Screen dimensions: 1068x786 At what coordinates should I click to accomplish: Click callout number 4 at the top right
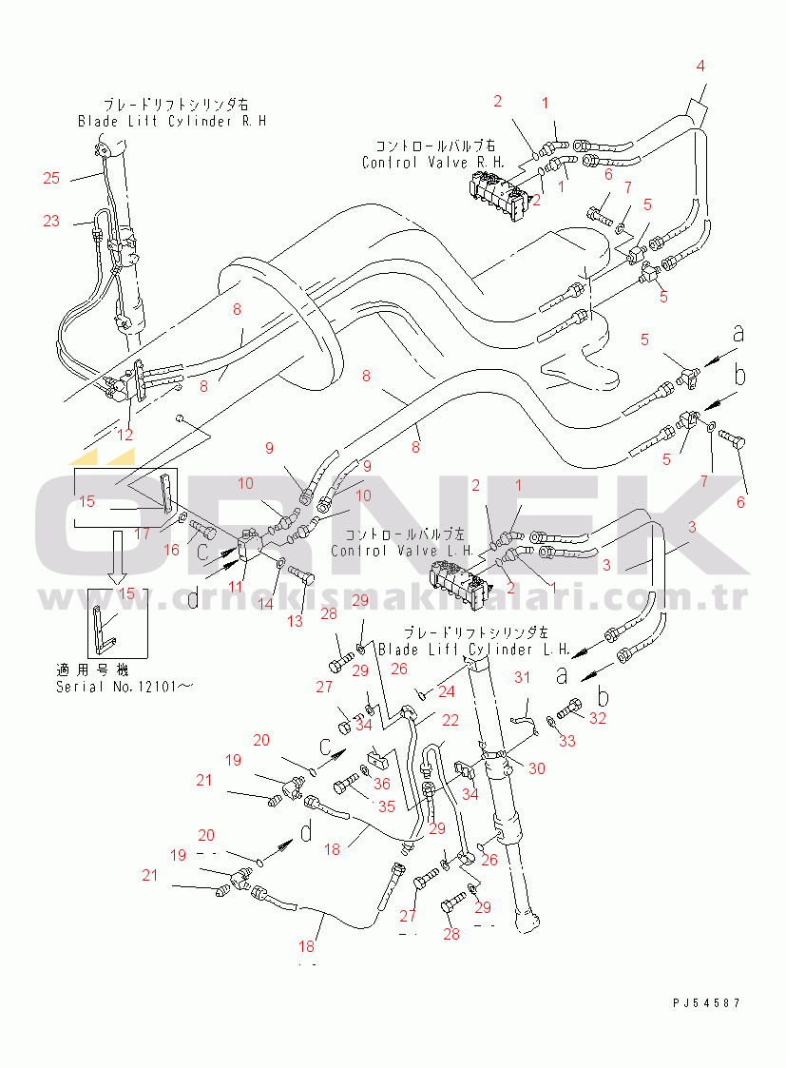pos(700,66)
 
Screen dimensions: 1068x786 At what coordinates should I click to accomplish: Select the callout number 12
pos(125,435)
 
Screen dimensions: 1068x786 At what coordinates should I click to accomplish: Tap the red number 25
pos(51,178)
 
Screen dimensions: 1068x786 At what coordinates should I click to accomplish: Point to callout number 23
pos(51,221)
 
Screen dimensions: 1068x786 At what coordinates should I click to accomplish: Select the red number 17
pos(142,534)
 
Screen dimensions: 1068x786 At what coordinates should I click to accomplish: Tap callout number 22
pos(450,720)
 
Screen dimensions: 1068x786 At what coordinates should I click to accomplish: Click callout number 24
pos(447,691)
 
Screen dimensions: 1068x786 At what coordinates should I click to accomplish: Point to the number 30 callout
pos(536,768)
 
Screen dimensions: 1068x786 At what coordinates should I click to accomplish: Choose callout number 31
pos(522,677)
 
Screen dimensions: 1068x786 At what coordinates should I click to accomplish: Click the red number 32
pos(597,719)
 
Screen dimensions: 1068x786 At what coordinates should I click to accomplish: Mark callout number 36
pos(382,784)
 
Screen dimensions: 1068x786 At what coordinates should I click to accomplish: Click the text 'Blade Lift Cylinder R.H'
pos(172,122)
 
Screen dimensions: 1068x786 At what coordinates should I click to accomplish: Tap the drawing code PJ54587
pos(704,1002)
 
